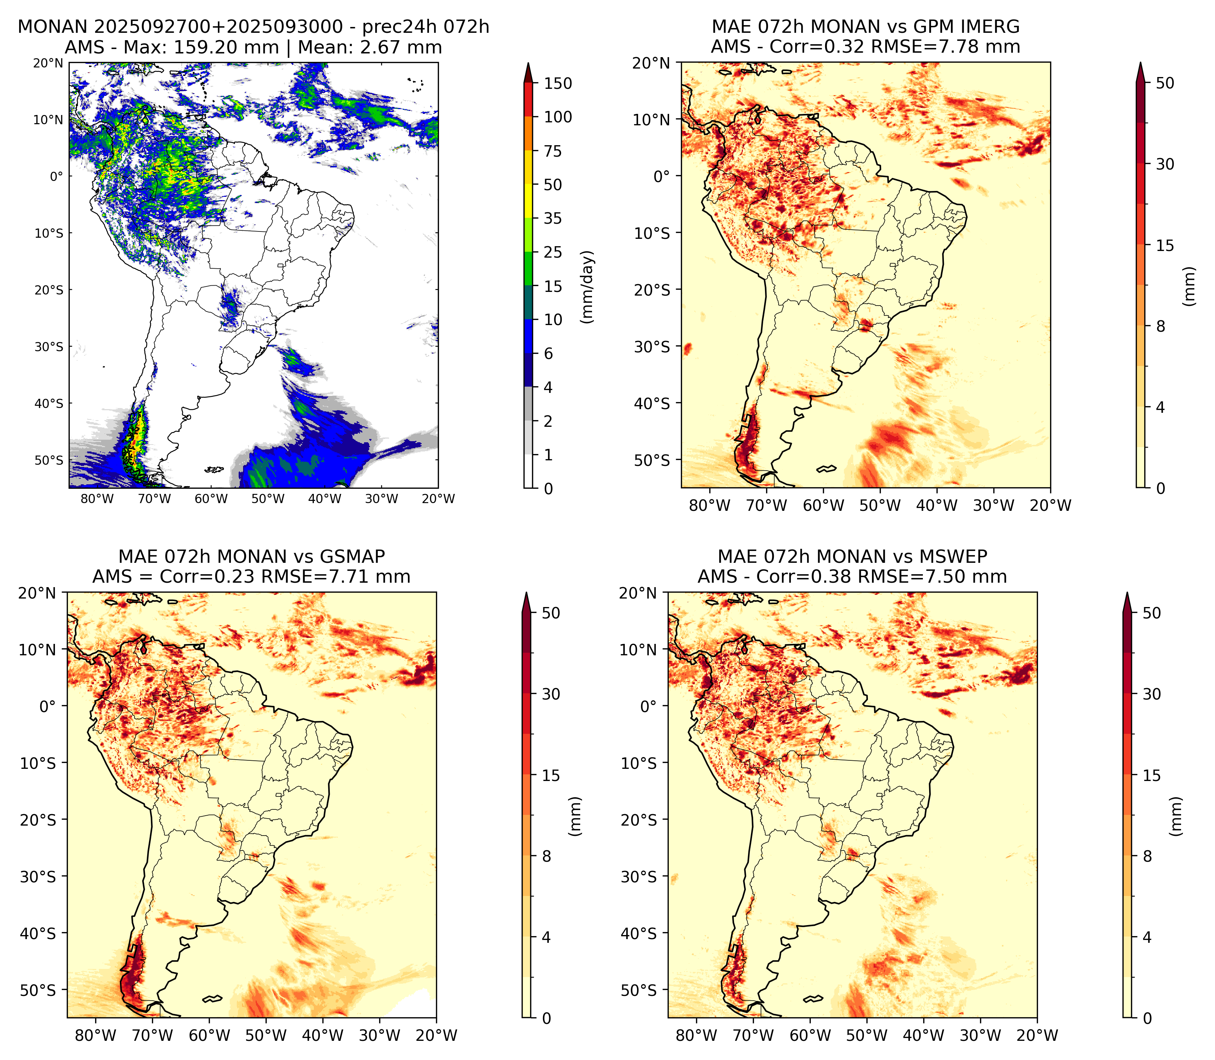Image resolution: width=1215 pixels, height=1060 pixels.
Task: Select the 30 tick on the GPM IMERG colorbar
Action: coord(1165,164)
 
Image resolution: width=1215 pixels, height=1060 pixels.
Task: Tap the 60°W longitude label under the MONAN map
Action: coord(211,499)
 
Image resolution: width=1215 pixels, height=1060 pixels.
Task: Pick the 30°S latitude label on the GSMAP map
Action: coord(38,876)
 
